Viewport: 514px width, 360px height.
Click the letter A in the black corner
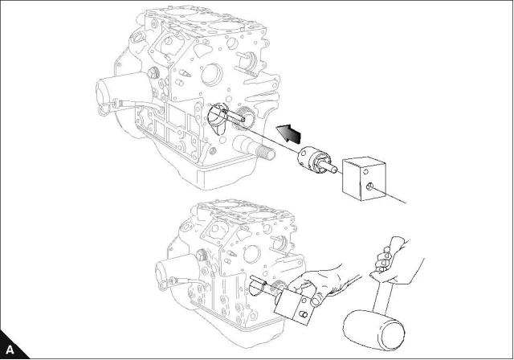click(10, 350)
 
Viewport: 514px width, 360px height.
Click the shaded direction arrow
click(288, 133)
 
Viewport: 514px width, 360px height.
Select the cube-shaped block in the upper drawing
click(364, 179)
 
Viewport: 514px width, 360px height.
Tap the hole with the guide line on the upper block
click(369, 187)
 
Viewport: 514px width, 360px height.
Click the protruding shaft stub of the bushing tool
click(330, 166)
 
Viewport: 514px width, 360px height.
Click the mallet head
click(374, 329)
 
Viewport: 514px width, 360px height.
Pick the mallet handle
click(382, 297)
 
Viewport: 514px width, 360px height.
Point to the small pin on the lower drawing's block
click(304, 315)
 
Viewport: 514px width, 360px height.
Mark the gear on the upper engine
click(244, 118)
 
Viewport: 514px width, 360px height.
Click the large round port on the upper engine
click(212, 75)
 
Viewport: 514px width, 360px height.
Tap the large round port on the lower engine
click(252, 255)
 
